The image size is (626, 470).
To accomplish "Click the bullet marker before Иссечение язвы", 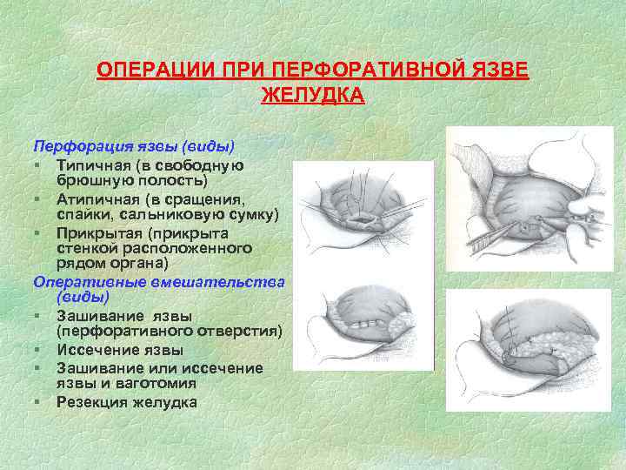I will [39, 350].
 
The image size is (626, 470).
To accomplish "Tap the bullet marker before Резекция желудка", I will [39, 401].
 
